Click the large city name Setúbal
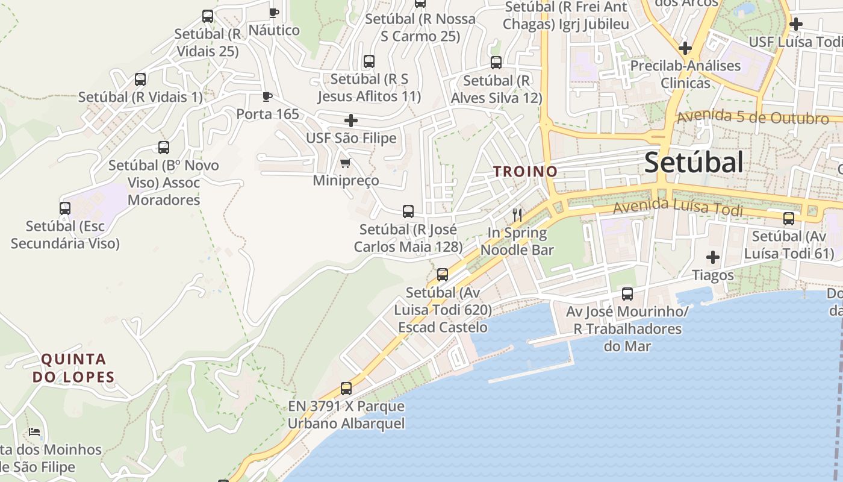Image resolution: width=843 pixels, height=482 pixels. (x=694, y=163)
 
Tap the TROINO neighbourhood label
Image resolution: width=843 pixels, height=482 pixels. (x=526, y=172)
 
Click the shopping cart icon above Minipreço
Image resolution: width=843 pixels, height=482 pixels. (x=345, y=163)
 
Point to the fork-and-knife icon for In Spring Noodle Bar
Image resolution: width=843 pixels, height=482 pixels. (x=517, y=214)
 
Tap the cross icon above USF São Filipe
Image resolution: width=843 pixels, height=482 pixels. (x=351, y=120)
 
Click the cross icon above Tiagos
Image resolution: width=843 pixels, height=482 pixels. (x=713, y=258)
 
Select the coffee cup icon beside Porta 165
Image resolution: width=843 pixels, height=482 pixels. (x=267, y=96)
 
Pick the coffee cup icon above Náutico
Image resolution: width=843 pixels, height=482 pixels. (x=274, y=13)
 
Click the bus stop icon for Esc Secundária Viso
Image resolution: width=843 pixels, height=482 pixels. (x=65, y=208)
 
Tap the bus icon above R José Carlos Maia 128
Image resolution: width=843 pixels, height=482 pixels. (x=408, y=211)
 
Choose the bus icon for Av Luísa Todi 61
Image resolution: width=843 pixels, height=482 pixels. (x=789, y=219)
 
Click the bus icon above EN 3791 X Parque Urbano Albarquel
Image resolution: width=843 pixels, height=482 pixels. (x=346, y=389)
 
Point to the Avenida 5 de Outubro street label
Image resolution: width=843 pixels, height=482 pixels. (x=753, y=117)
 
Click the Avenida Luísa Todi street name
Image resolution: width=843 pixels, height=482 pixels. (x=677, y=207)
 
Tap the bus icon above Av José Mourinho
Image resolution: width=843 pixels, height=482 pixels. (x=627, y=294)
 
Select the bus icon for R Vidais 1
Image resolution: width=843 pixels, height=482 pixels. (x=140, y=79)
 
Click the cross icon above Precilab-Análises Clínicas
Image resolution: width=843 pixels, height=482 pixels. (x=685, y=48)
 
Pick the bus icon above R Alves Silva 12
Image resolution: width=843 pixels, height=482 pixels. (x=496, y=63)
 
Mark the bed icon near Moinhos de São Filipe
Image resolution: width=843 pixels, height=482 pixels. (x=34, y=432)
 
